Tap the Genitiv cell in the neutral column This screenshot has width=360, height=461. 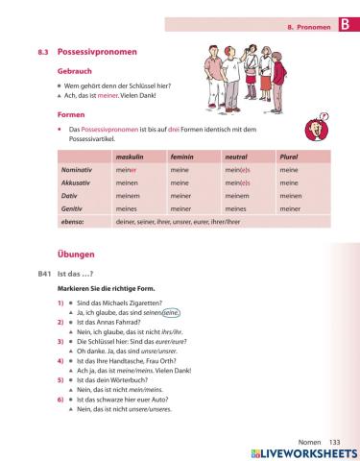pyautogui.click(x=236, y=206)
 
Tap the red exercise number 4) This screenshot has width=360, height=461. pyautogui.click(x=60, y=360)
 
